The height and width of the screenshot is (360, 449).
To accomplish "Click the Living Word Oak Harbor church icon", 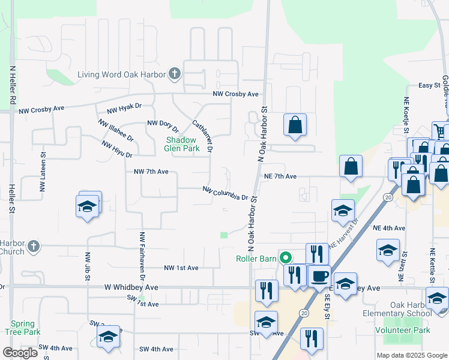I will [x=175, y=74].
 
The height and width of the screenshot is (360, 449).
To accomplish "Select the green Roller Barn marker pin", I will [x=286, y=259].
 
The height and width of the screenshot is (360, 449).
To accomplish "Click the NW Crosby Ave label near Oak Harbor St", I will [x=235, y=94].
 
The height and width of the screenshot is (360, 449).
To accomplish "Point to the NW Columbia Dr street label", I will [x=225, y=193].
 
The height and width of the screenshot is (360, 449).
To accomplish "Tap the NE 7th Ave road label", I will [x=280, y=176].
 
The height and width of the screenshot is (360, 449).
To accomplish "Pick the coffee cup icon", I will [x=319, y=277].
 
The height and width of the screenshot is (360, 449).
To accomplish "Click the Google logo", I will [x=20, y=353].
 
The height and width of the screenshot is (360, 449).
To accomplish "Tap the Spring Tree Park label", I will [x=23, y=328].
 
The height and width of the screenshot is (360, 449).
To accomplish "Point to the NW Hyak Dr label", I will [x=124, y=108].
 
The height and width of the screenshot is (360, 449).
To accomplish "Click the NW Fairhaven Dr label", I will [x=142, y=256].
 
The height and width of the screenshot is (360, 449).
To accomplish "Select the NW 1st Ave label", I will [x=181, y=268].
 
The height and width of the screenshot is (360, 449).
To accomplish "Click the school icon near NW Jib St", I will [x=88, y=206].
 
